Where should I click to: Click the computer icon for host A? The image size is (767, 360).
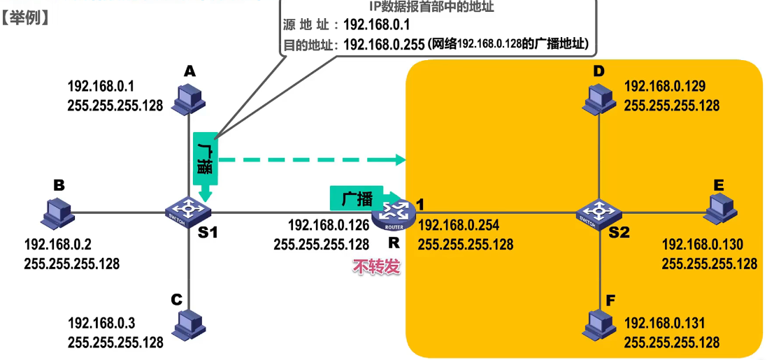(x=188, y=99)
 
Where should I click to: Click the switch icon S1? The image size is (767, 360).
(x=188, y=210)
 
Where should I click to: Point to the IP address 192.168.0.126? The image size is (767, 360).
(x=329, y=226)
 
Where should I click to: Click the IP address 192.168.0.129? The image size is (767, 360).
(x=664, y=87)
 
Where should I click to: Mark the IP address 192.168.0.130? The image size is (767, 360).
(x=702, y=245)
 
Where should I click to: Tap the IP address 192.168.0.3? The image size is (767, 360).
(x=101, y=324)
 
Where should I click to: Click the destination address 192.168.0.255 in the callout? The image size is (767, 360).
(x=385, y=44)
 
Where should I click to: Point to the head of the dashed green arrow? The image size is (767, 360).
(x=401, y=160)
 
